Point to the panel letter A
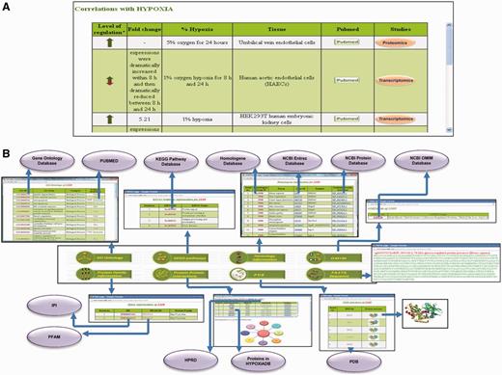pyautogui.click(x=8, y=7)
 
